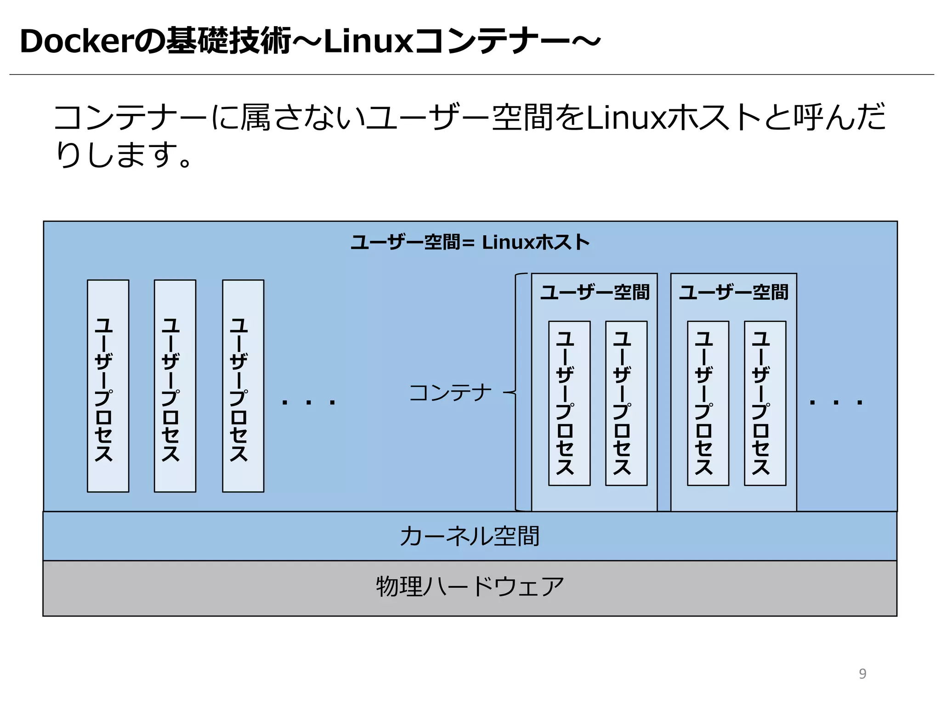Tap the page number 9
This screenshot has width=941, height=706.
click(x=862, y=673)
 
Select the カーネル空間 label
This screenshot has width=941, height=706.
click(x=470, y=536)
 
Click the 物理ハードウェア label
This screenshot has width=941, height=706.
click(x=470, y=586)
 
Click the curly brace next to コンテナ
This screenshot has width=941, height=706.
click(x=517, y=392)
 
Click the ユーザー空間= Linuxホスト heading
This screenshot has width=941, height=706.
click(x=470, y=242)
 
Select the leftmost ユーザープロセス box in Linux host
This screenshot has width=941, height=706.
click(x=108, y=386)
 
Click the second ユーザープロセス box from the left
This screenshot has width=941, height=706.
click(x=175, y=386)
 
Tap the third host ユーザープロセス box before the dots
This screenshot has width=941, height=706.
click(x=243, y=386)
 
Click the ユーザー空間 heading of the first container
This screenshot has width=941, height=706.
click(x=595, y=292)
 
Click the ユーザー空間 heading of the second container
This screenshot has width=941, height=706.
click(x=734, y=292)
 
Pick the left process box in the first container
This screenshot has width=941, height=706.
click(x=569, y=403)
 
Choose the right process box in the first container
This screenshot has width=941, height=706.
click(x=626, y=403)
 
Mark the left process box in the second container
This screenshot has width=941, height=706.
click(x=708, y=403)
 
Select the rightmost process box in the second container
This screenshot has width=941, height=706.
click(x=765, y=403)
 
